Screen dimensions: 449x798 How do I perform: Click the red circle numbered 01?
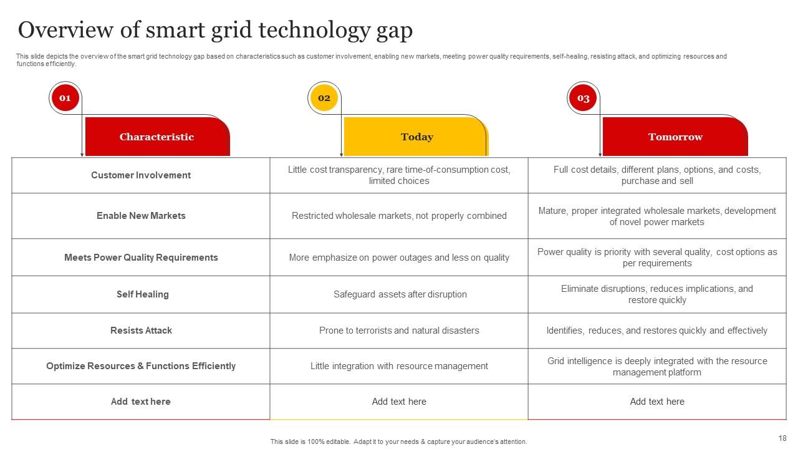click(x=65, y=98)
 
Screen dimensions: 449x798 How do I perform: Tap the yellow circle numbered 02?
click(x=324, y=98)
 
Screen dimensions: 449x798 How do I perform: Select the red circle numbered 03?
click(x=583, y=98)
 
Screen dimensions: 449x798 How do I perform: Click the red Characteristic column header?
click(x=156, y=137)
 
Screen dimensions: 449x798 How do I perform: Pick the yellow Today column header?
click(x=416, y=137)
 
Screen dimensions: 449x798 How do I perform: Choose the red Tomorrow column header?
click(x=675, y=137)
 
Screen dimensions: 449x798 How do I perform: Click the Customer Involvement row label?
click(x=141, y=175)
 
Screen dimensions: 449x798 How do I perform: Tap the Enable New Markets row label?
click(x=141, y=216)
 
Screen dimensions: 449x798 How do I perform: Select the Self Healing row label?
click(x=142, y=294)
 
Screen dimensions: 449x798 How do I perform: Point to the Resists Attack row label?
click(x=141, y=331)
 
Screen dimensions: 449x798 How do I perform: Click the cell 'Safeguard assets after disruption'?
click(x=400, y=294)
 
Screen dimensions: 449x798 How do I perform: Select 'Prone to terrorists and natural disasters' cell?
click(x=399, y=331)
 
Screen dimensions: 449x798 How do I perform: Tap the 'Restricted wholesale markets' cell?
click(x=399, y=216)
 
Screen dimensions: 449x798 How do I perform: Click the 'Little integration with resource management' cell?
click(x=399, y=366)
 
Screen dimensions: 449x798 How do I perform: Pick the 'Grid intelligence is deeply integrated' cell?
click(x=657, y=367)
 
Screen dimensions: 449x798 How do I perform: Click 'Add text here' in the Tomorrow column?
click(x=657, y=402)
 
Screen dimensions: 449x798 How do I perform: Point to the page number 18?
click(x=782, y=438)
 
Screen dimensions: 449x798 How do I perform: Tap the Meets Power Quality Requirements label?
click(x=141, y=258)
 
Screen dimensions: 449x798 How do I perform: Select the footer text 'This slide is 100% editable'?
click(x=398, y=442)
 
